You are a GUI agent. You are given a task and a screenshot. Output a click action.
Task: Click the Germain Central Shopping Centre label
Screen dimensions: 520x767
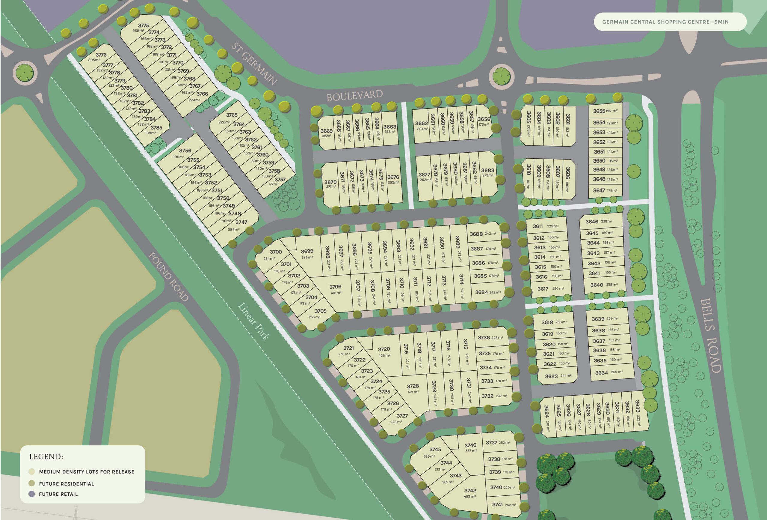[665, 22]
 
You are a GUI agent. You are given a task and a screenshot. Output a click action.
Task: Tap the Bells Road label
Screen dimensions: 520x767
[711, 335]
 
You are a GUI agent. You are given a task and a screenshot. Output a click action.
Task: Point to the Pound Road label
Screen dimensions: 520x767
[168, 277]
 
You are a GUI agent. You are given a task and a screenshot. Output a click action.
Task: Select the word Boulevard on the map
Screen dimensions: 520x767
[354, 95]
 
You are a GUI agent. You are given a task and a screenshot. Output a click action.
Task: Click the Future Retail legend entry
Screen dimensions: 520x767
[58, 494]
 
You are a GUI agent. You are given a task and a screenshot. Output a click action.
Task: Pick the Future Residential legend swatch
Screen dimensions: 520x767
[32, 483]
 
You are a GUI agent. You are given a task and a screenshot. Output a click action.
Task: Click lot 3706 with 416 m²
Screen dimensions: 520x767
[335, 289]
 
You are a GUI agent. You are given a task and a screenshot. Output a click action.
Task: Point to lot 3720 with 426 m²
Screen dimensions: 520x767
[384, 351]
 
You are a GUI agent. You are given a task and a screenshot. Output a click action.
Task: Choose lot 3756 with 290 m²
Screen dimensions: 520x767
[185, 153]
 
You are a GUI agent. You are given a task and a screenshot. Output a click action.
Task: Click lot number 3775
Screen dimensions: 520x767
[143, 25]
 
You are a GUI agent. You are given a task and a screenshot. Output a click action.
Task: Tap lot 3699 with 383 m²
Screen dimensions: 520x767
[307, 254]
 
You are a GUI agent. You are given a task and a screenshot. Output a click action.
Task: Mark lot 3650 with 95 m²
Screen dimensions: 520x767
[605, 161]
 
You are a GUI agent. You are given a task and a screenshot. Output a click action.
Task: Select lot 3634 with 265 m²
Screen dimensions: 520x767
[609, 373]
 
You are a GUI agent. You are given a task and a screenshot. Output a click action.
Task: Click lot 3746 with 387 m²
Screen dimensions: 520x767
[470, 447]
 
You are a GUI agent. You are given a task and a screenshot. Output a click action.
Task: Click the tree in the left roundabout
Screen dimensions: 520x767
[25, 73]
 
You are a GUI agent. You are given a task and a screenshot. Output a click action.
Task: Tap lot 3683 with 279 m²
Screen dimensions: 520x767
[487, 172]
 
